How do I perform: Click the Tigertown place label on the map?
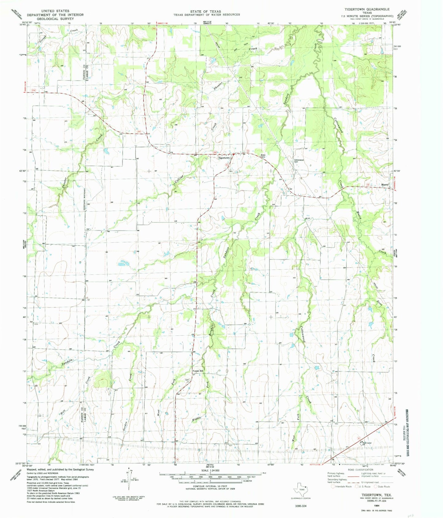point(223,158)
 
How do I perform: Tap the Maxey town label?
point(385,185)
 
